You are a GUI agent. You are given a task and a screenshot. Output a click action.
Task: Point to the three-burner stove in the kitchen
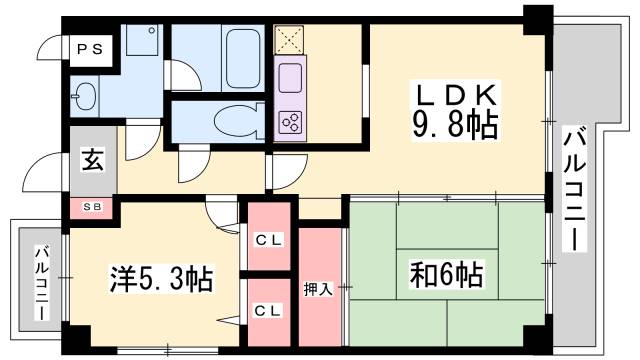[x=292, y=121]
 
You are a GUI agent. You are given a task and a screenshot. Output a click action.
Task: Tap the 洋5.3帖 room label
[x=160, y=279]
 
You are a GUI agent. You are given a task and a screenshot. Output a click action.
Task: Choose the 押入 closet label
[x=319, y=289]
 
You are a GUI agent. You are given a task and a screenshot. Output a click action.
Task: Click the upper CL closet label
[x=265, y=239]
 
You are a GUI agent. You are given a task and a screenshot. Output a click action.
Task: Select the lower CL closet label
[x=265, y=309]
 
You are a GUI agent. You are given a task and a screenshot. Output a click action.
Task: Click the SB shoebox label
[x=91, y=208]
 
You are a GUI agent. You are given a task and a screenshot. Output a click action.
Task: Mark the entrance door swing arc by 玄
[x=46, y=174]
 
